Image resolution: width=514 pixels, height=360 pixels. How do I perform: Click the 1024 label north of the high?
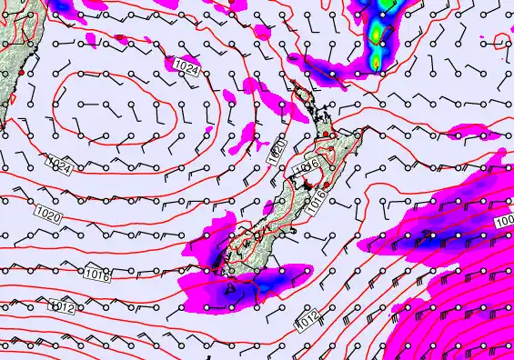pos(186,66)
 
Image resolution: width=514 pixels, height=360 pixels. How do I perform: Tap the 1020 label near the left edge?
pos(49,214)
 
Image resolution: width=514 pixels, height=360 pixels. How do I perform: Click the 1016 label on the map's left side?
pos(97,274)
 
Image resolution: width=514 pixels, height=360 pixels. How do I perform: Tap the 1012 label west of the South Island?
pos(63,306)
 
